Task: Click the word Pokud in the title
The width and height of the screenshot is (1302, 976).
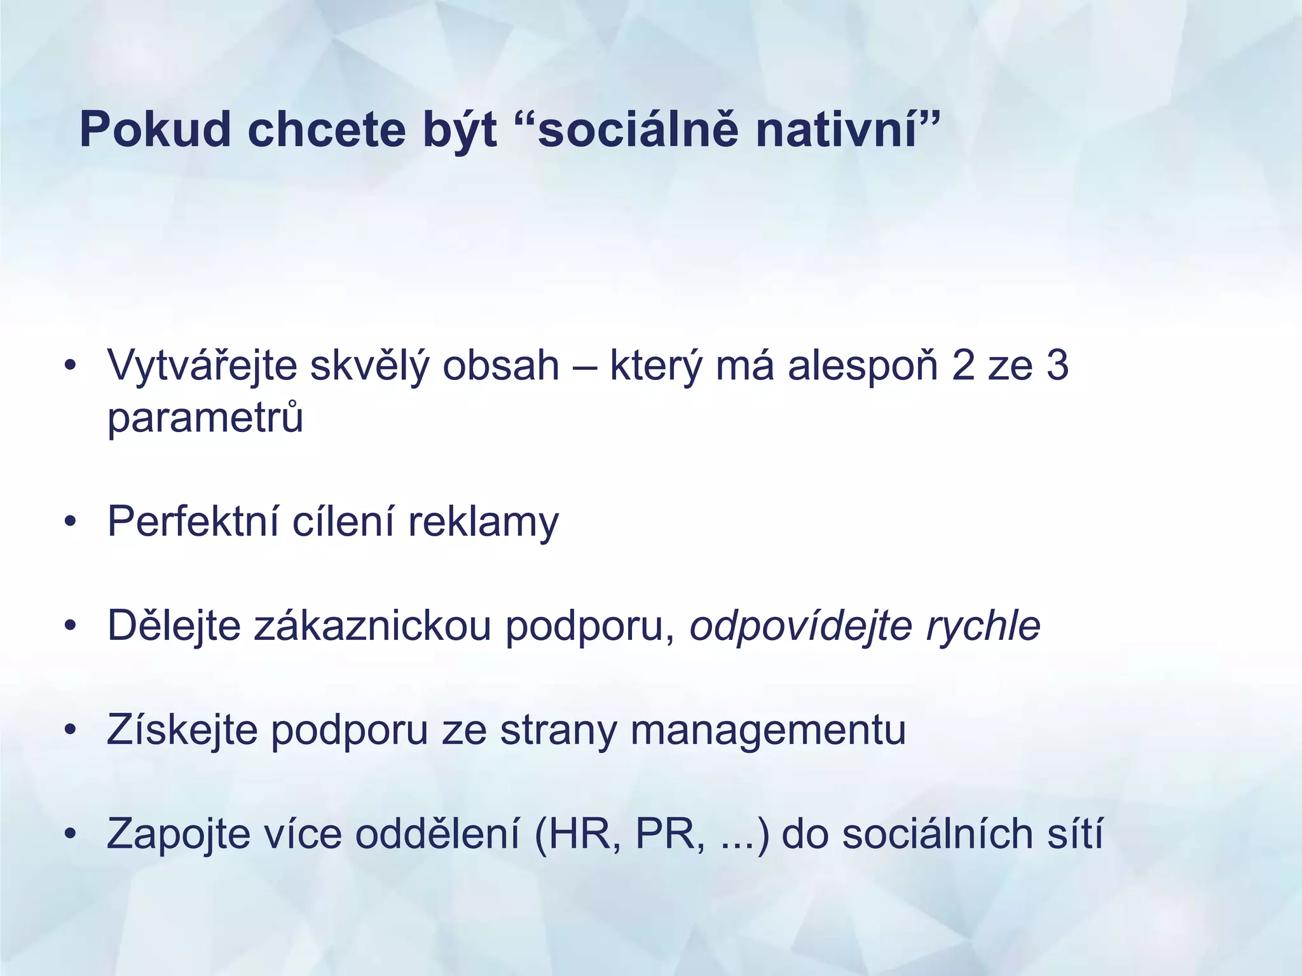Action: pos(154,130)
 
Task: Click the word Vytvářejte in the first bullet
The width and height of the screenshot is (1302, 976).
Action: pos(202,367)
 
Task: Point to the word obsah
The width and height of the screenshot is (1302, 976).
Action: pos(500,367)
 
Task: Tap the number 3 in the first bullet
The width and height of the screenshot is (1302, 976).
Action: pos(1057,367)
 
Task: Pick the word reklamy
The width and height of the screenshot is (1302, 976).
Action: pos(483,522)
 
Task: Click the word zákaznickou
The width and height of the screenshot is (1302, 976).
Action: pos(373,627)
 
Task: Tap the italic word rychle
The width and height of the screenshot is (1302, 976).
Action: pos(983,627)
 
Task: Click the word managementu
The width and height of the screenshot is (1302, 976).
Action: pos(768,731)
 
